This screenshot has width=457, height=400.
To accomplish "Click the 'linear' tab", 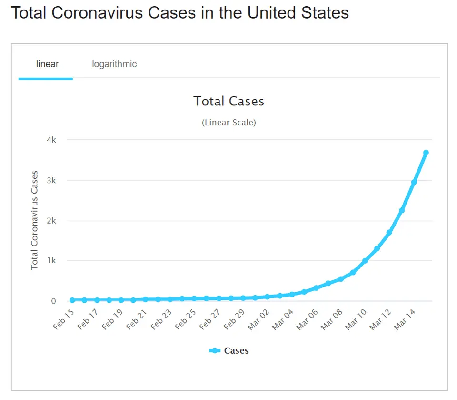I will [47, 64].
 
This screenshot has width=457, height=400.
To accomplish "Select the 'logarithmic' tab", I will [114, 64].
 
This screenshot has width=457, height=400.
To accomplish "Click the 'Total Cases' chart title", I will [228, 101].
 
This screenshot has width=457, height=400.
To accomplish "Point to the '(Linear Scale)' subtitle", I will [228, 123].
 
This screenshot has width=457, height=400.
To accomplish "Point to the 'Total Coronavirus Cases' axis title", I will [35, 220].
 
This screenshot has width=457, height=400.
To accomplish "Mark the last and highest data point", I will [426, 153].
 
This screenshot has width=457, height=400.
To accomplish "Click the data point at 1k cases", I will [365, 261].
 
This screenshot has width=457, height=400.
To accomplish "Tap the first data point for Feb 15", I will [72, 300].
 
